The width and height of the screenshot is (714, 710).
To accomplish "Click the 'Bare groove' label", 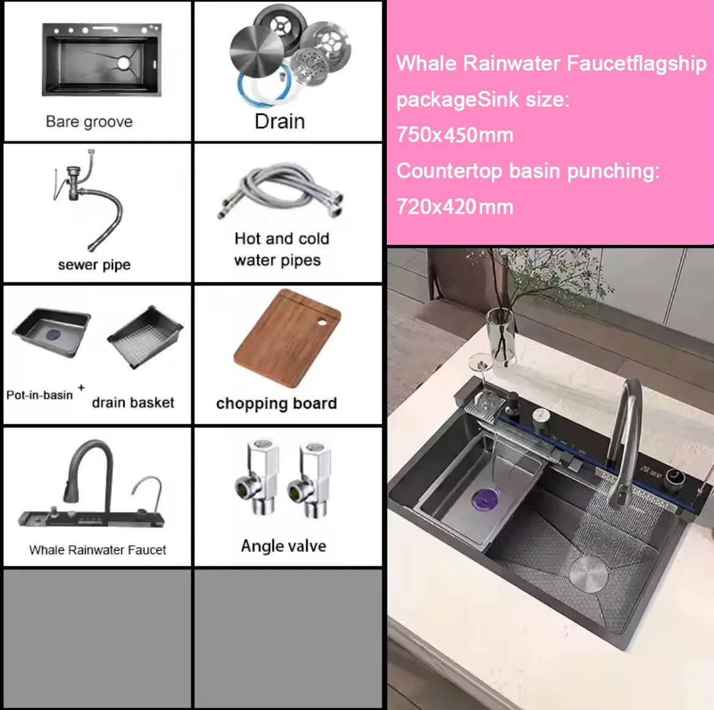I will pyautogui.click(x=89, y=121).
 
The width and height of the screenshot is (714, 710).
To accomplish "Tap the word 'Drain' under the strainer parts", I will pyautogui.click(x=279, y=121).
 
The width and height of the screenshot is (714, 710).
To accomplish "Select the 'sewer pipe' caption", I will pyautogui.click(x=94, y=265).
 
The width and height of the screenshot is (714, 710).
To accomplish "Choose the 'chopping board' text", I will pyautogui.click(x=276, y=404).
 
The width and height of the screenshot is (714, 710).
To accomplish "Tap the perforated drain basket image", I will pyautogui.click(x=145, y=336).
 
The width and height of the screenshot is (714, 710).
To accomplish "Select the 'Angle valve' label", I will pyautogui.click(x=283, y=546).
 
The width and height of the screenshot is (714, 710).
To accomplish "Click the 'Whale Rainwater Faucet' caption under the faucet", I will pyautogui.click(x=98, y=550).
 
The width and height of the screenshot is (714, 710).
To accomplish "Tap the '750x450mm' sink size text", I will pyautogui.click(x=455, y=135).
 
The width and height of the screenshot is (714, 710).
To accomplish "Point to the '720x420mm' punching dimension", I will pyautogui.click(x=455, y=207).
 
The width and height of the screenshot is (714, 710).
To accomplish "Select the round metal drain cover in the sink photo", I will pyautogui.click(x=589, y=574).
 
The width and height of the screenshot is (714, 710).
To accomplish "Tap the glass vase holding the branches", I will pyautogui.click(x=500, y=336).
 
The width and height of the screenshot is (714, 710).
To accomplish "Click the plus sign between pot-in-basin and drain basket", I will pyautogui.click(x=81, y=388).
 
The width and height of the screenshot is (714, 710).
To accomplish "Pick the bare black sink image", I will pyautogui.click(x=102, y=60).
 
